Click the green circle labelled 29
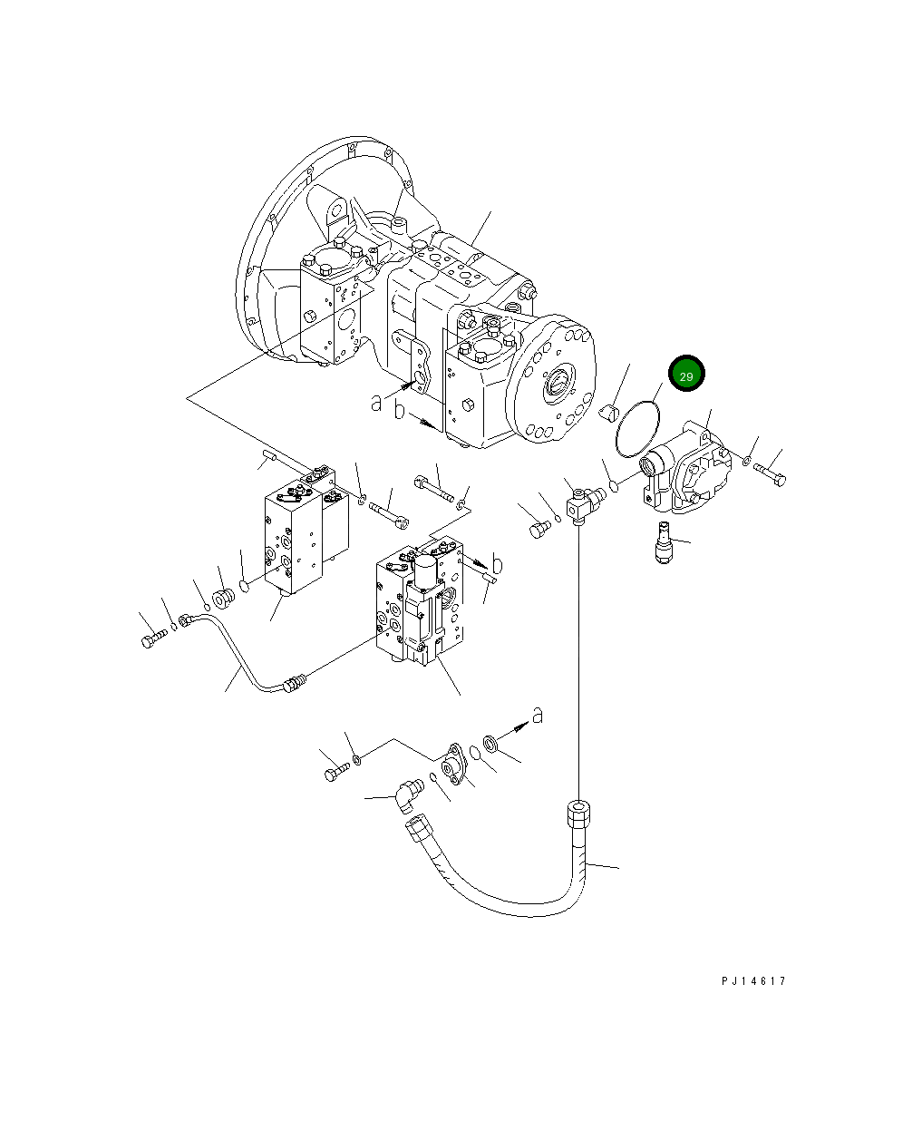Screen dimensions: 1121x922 (685, 375)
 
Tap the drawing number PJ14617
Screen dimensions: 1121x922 (753, 981)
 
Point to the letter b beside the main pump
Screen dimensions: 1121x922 (400, 410)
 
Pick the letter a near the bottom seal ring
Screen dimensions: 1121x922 (538, 716)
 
